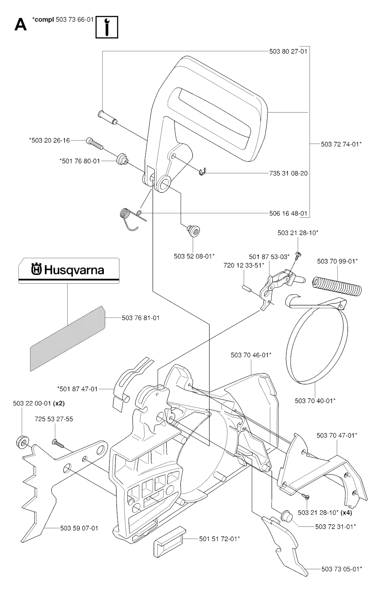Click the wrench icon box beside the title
pos(107,27)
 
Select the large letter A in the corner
pos(21,25)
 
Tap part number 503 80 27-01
pos(288,51)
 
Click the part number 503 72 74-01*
pos(341,144)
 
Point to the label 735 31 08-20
pos(288,173)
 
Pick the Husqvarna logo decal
pos(69,270)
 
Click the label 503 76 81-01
pos(141,318)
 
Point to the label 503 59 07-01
pos(79,528)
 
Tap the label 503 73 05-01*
pos(342,569)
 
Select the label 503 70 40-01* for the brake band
pos(315,401)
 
